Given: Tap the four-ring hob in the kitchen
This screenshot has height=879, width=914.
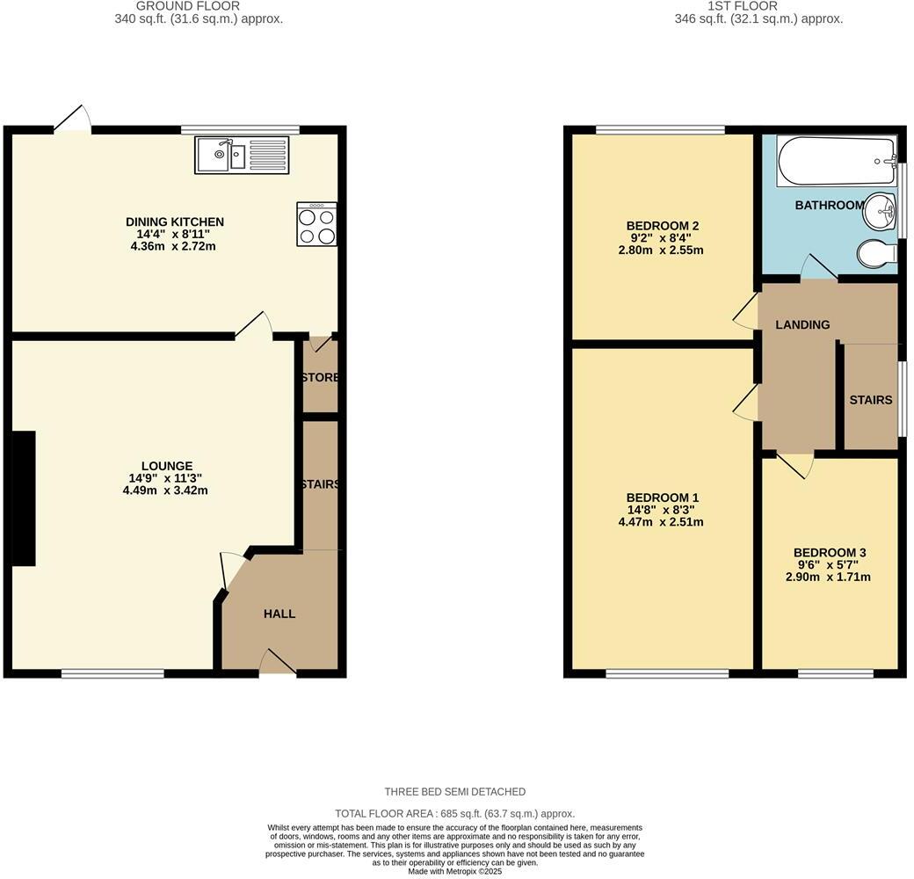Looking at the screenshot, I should click(316, 224).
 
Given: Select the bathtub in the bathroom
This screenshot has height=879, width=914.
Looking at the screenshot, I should click(835, 161).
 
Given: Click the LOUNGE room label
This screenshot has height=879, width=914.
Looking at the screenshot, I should click(166, 466).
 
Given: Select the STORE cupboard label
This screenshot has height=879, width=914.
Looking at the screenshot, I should click(320, 378).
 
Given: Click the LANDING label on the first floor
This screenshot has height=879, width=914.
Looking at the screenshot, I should click(802, 324).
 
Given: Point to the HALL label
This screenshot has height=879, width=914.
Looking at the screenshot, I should click(279, 614).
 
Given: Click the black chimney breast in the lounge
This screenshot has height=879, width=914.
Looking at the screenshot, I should click(23, 498).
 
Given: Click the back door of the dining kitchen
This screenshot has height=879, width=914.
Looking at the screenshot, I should click(74, 120).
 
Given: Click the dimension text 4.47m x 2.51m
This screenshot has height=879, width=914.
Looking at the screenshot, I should click(660, 522).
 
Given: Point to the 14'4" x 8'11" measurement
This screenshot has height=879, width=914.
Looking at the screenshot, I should click(174, 234).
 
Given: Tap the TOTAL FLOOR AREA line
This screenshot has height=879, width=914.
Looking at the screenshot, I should click(454, 814).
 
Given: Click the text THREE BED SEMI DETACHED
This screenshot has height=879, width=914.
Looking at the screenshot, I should click(454, 792).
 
